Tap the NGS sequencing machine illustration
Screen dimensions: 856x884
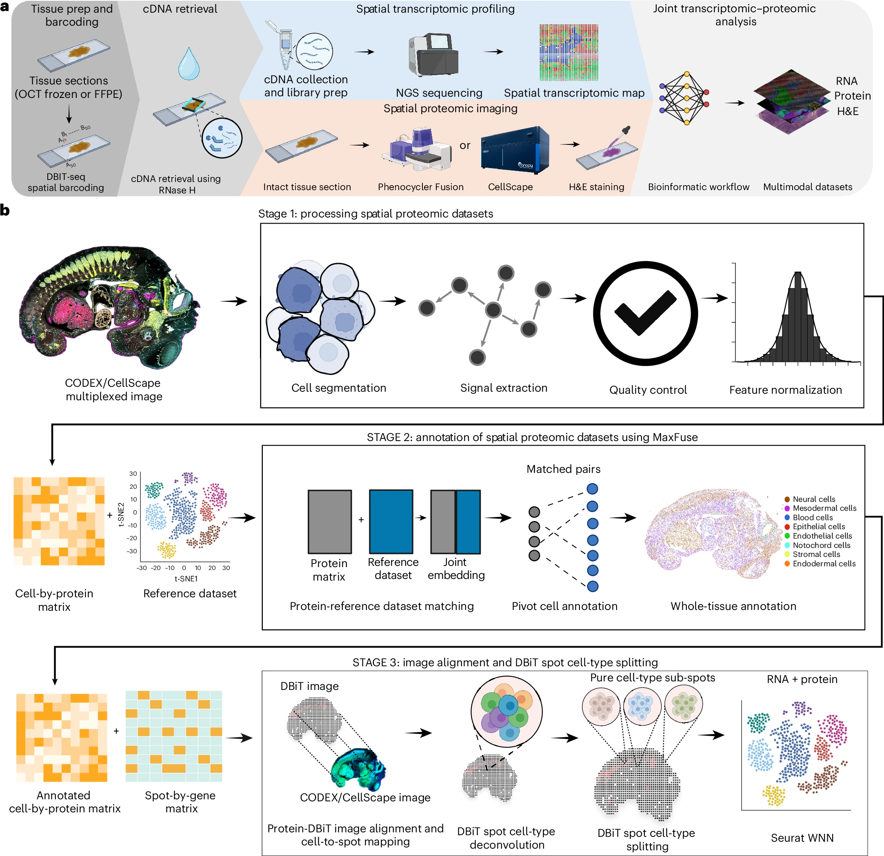pos(433,55)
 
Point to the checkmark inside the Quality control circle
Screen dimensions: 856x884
pos(645,313)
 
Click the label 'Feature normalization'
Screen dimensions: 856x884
pos(785,390)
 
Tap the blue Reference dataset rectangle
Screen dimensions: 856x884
pos(391,521)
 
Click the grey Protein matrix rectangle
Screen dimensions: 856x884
pos(330,521)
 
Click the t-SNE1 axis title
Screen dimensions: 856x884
pos(186,579)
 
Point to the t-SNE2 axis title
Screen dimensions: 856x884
pos(121,514)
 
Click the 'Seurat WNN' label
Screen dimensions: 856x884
pos(802,838)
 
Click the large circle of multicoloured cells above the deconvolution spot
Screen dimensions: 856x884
pos(506,712)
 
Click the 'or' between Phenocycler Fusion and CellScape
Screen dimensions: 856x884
pos(464,146)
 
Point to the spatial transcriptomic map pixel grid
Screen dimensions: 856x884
pos(569,52)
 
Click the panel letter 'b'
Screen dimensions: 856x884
pos(5,210)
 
